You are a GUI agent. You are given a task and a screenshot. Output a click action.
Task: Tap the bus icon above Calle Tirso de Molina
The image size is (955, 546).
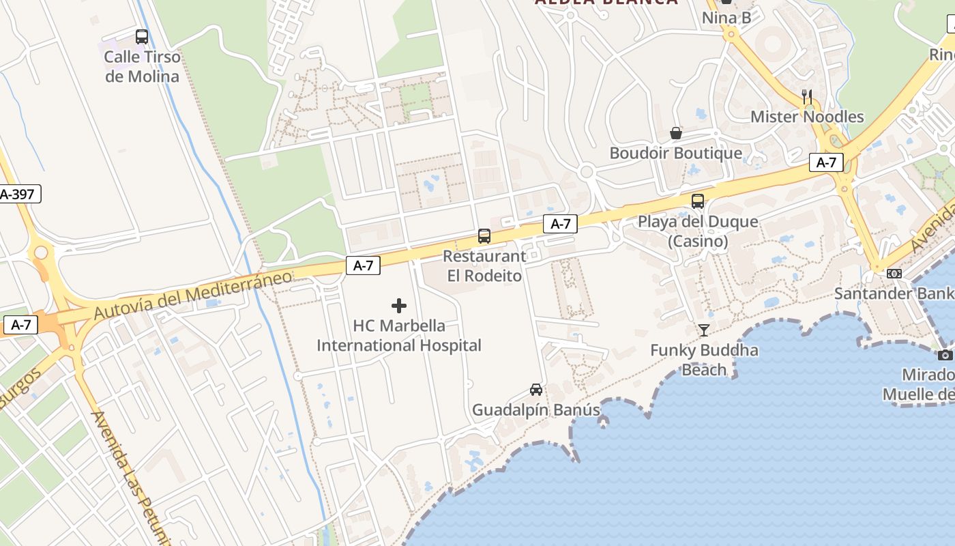142,37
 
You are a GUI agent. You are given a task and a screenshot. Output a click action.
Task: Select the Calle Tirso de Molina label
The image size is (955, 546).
142,66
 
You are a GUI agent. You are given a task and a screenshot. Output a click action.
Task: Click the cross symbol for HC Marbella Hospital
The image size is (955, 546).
399,306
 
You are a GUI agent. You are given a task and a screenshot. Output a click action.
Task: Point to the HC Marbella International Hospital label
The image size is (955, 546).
399,336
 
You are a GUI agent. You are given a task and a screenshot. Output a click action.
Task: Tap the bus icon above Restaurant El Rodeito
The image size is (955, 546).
484,236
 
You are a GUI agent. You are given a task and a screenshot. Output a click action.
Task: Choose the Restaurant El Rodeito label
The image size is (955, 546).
484,266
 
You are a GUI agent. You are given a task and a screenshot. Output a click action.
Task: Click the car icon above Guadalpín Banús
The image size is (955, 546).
536,390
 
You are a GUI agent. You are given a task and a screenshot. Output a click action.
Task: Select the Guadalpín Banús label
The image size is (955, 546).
536,410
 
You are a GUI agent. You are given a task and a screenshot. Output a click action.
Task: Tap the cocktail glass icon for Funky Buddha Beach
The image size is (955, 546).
703,330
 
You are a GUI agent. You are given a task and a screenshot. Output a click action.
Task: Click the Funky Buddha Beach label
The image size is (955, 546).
704,360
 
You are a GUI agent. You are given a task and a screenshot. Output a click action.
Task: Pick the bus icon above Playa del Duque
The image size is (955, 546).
698,201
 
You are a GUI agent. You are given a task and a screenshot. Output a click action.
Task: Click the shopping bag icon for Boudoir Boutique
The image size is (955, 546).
676,132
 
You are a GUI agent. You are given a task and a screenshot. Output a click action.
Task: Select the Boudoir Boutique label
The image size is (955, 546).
676,153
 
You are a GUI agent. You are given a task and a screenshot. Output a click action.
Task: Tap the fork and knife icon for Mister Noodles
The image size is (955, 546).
807,97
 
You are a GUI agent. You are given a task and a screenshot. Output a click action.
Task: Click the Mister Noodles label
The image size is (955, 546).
807,117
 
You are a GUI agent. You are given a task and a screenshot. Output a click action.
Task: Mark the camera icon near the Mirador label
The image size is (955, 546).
945,355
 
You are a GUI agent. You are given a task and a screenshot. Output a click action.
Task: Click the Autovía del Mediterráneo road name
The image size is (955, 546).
192,296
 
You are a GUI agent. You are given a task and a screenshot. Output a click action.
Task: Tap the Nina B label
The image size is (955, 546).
726,18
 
